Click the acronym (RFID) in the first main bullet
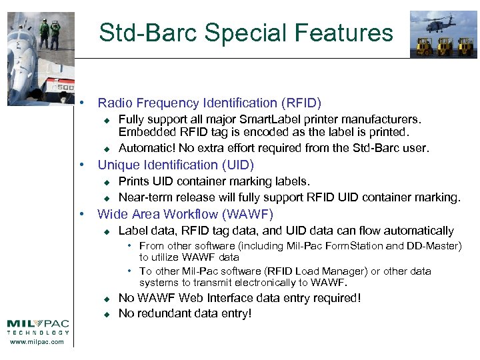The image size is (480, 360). tap(301, 103)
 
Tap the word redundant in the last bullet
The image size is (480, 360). tap(163, 314)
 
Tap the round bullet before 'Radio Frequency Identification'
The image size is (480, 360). tap(81, 103)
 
